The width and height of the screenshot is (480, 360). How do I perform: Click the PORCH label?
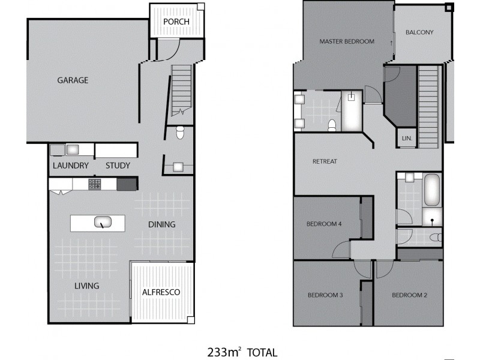pyautogui.click(x=176, y=22)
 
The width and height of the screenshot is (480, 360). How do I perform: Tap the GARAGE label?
pyautogui.click(x=73, y=80)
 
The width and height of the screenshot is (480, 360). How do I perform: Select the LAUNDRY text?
pyautogui.click(x=70, y=166)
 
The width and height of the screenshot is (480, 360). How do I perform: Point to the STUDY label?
pyautogui.click(x=118, y=166)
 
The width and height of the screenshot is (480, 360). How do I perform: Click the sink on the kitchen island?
pyautogui.click(x=101, y=223)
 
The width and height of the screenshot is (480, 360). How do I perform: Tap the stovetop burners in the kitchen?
pyautogui.click(x=95, y=184)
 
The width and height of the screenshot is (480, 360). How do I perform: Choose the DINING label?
pyautogui.click(x=162, y=224)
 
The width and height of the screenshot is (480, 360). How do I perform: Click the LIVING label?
pyautogui.click(x=87, y=286)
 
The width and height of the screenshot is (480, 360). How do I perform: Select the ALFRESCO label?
pyautogui.click(x=161, y=292)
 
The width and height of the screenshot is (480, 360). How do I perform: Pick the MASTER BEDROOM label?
pyautogui.click(x=347, y=41)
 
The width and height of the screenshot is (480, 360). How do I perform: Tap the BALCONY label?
pyautogui.click(x=419, y=32)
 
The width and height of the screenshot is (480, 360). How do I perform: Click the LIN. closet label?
pyautogui.click(x=406, y=138)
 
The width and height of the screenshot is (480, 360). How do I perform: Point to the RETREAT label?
pyautogui.click(x=325, y=161)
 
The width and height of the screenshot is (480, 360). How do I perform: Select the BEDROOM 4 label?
pyautogui.click(x=324, y=224)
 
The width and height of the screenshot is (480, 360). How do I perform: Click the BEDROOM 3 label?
pyautogui.click(x=325, y=295)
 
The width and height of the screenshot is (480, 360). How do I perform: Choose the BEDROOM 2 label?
pyautogui.click(x=409, y=295)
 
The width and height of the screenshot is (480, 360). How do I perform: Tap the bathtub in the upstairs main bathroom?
pyautogui.click(x=432, y=190)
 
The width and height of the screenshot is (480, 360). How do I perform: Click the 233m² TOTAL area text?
pyautogui.click(x=242, y=352)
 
